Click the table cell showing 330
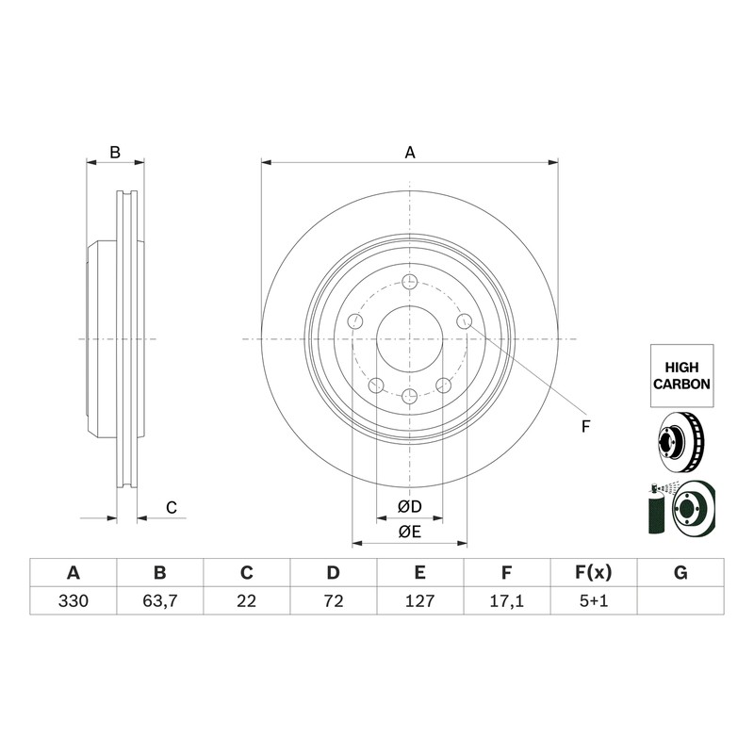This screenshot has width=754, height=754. pyautogui.click(x=74, y=600)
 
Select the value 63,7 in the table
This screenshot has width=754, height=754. pyautogui.click(x=159, y=600)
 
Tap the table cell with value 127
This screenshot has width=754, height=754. pyautogui.click(x=419, y=600)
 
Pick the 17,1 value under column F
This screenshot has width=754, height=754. pyautogui.click(x=506, y=600)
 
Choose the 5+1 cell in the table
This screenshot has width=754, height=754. pyautogui.click(x=594, y=600)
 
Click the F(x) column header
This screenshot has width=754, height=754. pyautogui.click(x=594, y=573)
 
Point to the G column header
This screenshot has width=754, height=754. pyautogui.click(x=680, y=573)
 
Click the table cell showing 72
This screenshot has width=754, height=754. pyautogui.click(x=334, y=600)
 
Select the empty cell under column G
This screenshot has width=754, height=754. pyautogui.click(x=680, y=600)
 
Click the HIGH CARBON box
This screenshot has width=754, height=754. pyautogui.click(x=681, y=375)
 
